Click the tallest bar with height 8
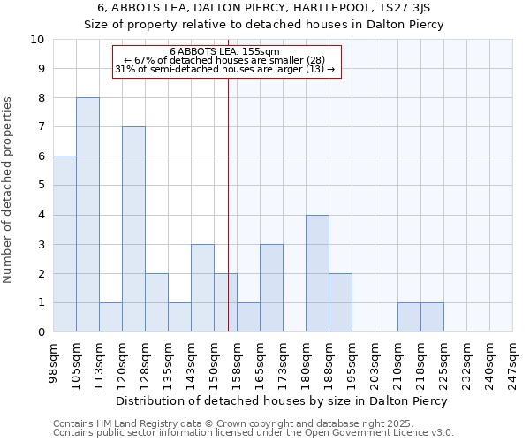click(87, 215)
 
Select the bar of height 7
click(133, 229)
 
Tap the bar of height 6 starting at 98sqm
click(64, 244)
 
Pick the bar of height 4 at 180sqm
click(317, 273)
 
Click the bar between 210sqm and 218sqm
click(409, 316)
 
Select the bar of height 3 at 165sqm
click(271, 288)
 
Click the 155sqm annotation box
click(225, 61)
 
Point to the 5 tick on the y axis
click(41, 186)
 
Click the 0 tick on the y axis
click(41, 331)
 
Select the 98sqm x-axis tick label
click(53, 361)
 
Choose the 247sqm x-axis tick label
click(512, 361)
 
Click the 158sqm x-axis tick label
click(237, 361)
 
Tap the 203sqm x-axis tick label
click(375, 361)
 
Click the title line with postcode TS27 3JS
click(265, 8)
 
